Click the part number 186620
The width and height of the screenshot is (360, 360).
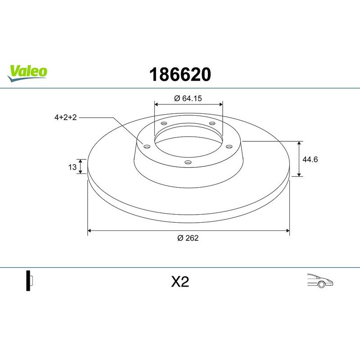[x=180, y=74]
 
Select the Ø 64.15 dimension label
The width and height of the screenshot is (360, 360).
[x=189, y=98]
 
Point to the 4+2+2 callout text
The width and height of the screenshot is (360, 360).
[x=66, y=117]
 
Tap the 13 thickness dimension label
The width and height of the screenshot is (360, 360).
[x=72, y=167]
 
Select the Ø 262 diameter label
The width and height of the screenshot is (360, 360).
[x=188, y=238]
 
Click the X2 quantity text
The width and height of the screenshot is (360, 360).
[x=180, y=282]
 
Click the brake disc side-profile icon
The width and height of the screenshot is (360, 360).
[x=29, y=281]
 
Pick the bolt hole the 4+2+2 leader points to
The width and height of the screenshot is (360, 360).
[x=146, y=145]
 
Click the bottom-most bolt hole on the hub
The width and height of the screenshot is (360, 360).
[x=188, y=162]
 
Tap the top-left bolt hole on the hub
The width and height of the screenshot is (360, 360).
[x=164, y=124]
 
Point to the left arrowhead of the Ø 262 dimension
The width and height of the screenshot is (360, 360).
[x=89, y=230]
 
